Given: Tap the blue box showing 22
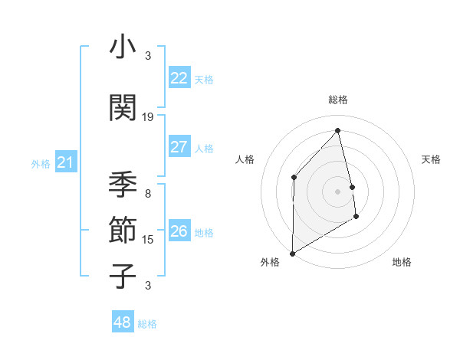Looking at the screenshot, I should click(179, 78).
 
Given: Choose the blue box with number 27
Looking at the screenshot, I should click(179, 147).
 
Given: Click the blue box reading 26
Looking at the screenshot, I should click(179, 231).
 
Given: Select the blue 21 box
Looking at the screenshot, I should click(66, 162).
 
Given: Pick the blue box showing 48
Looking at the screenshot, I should click(123, 322).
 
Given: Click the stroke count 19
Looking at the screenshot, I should click(148, 117).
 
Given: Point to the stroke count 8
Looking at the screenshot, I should click(148, 194).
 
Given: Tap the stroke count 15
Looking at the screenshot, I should click(148, 240).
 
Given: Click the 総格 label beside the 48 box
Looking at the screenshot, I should click(147, 324).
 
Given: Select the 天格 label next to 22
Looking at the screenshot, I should click(203, 80).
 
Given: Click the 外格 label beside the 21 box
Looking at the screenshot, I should click(41, 164).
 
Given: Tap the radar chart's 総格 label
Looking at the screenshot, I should click(337, 100).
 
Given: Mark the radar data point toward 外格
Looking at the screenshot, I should click(292, 253).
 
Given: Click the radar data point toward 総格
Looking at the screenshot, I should click(337, 130).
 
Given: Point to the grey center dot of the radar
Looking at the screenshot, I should click(337, 191).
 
